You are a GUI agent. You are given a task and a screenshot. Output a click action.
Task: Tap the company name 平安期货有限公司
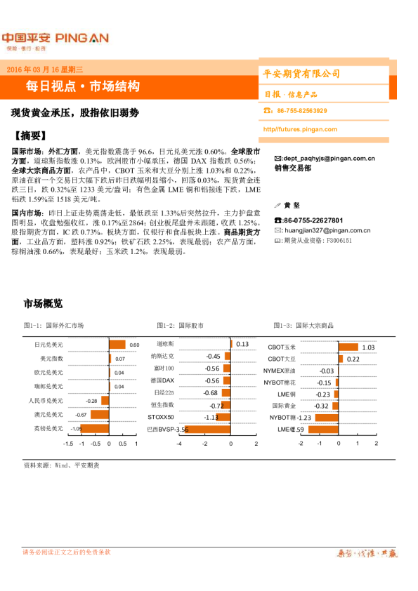(x=301, y=74)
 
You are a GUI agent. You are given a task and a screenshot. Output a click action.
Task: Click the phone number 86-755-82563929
(x=302, y=111)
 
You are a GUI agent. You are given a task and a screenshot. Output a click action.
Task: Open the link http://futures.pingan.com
(x=300, y=129)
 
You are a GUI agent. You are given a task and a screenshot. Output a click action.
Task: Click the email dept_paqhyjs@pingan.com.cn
(x=328, y=159)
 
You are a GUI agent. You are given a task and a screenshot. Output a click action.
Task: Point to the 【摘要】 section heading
(x=33, y=135)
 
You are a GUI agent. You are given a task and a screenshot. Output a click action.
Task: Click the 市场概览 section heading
(x=43, y=304)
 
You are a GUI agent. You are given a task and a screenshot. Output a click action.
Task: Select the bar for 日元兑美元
(x=117, y=345)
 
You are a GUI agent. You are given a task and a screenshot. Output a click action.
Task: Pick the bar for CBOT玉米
(x=348, y=347)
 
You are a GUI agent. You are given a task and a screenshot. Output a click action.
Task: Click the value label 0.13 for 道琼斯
(x=242, y=344)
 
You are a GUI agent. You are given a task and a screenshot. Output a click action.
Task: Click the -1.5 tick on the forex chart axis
(x=67, y=444)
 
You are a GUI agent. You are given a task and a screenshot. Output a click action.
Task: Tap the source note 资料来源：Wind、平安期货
(x=61, y=465)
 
